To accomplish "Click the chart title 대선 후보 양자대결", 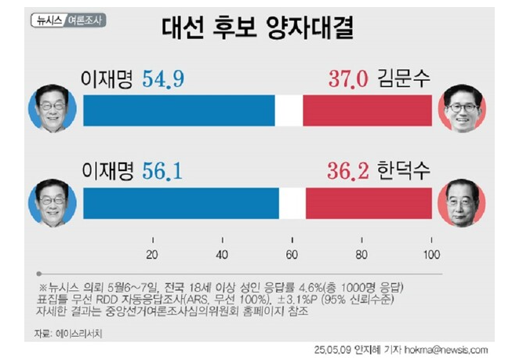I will (256, 28).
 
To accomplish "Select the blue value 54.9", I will (163, 80).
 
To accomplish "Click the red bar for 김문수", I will (367, 110).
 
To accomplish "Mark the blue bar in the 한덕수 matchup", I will (180, 202).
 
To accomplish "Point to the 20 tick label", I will (152, 253).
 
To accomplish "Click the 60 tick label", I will (292, 253).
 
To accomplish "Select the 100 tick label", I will (431, 253).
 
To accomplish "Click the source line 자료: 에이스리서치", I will (70, 333).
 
